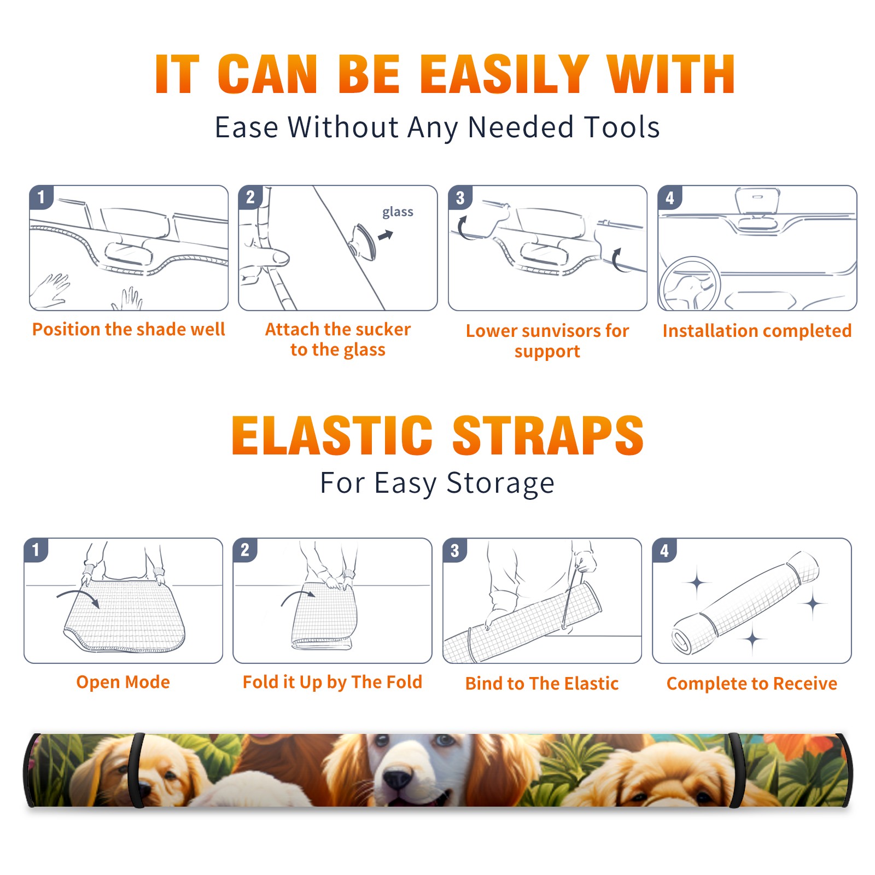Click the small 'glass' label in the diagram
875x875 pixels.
coord(398,212)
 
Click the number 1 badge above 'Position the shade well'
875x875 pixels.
coord(41,197)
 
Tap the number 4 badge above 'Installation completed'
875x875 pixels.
coord(669,197)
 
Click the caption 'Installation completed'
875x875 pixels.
coord(757,330)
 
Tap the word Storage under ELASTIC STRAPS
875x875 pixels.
coord(500,483)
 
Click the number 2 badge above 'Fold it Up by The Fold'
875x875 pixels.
coord(245,550)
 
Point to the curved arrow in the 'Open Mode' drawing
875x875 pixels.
coord(79,596)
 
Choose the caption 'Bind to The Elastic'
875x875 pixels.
coord(541,684)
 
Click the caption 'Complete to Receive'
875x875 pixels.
coord(752,684)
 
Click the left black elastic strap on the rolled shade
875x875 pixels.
coord(138,770)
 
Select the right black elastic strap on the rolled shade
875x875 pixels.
coord(736,770)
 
